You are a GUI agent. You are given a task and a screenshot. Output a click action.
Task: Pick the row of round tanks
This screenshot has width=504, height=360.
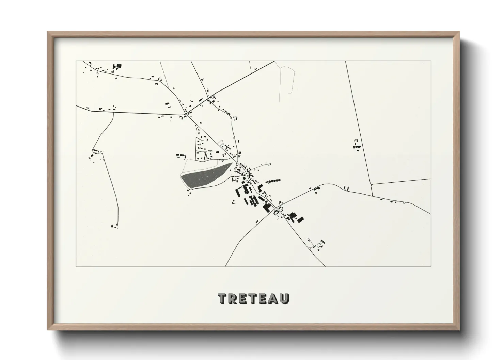pyautogui.click(x=274, y=181)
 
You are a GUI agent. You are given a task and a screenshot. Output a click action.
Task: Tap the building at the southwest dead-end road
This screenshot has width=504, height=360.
pyautogui.click(x=113, y=225)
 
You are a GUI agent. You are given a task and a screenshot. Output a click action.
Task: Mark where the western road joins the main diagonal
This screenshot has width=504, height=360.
pyautogui.click(x=186, y=115)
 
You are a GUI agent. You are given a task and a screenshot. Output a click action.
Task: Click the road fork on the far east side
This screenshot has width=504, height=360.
pyautogui.click(x=372, y=185)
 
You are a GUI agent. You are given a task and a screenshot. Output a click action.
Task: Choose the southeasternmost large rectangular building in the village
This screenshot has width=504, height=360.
pyautogui.click(x=301, y=219)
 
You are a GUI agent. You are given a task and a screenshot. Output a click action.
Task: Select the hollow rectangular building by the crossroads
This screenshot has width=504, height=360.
pyautogui.click(x=276, y=213)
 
